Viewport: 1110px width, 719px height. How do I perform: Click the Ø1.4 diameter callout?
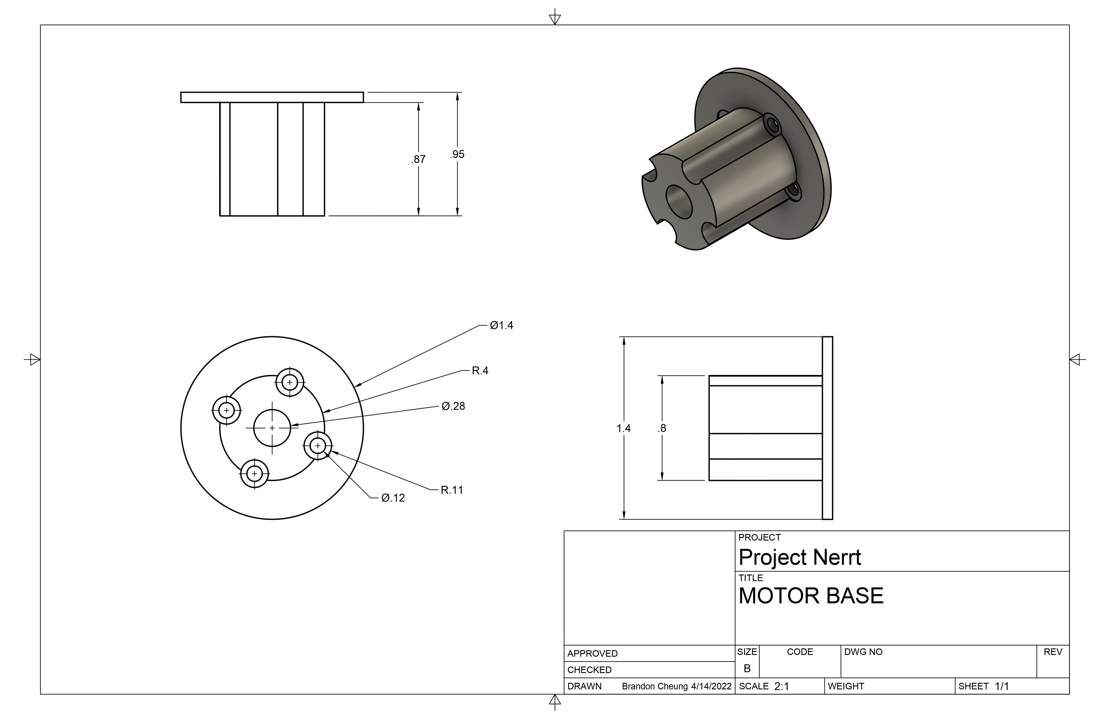click(x=501, y=325)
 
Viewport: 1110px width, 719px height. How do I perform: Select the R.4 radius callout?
click(x=480, y=371)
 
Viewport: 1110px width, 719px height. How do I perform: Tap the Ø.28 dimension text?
click(x=453, y=406)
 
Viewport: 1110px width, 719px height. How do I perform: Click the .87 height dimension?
click(x=418, y=159)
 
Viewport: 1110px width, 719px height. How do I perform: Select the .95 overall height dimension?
click(x=457, y=154)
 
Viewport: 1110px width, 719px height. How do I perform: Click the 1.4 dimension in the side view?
click(x=624, y=428)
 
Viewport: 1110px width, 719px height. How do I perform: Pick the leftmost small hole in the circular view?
click(x=227, y=410)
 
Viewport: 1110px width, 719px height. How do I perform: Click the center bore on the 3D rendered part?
click(x=679, y=202)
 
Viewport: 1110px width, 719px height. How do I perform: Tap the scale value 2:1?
click(x=782, y=686)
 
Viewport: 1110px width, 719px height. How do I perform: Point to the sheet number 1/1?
click(x=1002, y=686)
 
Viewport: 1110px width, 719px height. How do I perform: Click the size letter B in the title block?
click(x=747, y=669)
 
